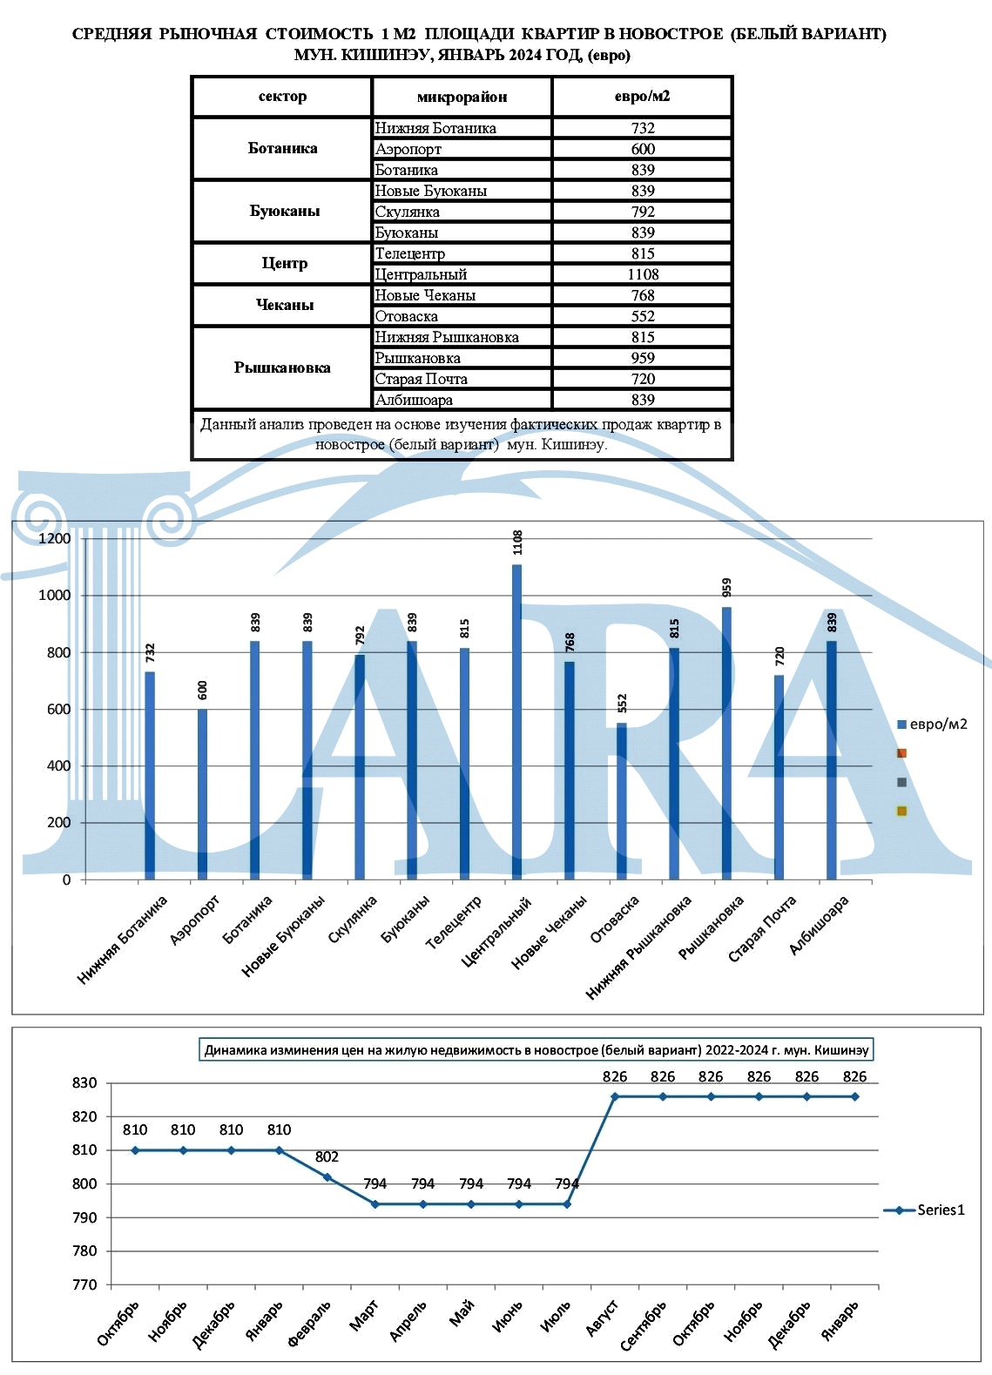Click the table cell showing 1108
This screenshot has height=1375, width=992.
(x=643, y=274)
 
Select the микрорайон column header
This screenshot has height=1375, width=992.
(x=462, y=97)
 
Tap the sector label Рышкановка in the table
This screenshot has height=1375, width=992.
(x=282, y=367)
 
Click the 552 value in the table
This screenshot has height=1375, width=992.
(x=643, y=316)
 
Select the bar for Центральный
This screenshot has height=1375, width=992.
(x=516, y=722)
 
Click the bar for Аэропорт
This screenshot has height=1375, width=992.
(x=203, y=794)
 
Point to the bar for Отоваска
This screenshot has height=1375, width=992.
(x=622, y=801)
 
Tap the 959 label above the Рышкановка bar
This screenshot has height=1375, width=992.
(x=727, y=588)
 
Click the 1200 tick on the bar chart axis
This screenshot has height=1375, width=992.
(x=55, y=538)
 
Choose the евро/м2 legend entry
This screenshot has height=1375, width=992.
(x=932, y=725)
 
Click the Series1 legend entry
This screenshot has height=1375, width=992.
(x=924, y=1210)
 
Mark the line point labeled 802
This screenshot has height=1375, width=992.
(x=327, y=1177)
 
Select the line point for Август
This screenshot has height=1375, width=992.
(x=615, y=1096)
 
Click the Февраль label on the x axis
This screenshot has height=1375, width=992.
(x=309, y=1323)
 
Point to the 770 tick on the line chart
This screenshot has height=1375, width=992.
(x=84, y=1284)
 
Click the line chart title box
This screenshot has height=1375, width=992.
(x=536, y=1049)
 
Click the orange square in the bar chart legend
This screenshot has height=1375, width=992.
(x=901, y=753)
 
